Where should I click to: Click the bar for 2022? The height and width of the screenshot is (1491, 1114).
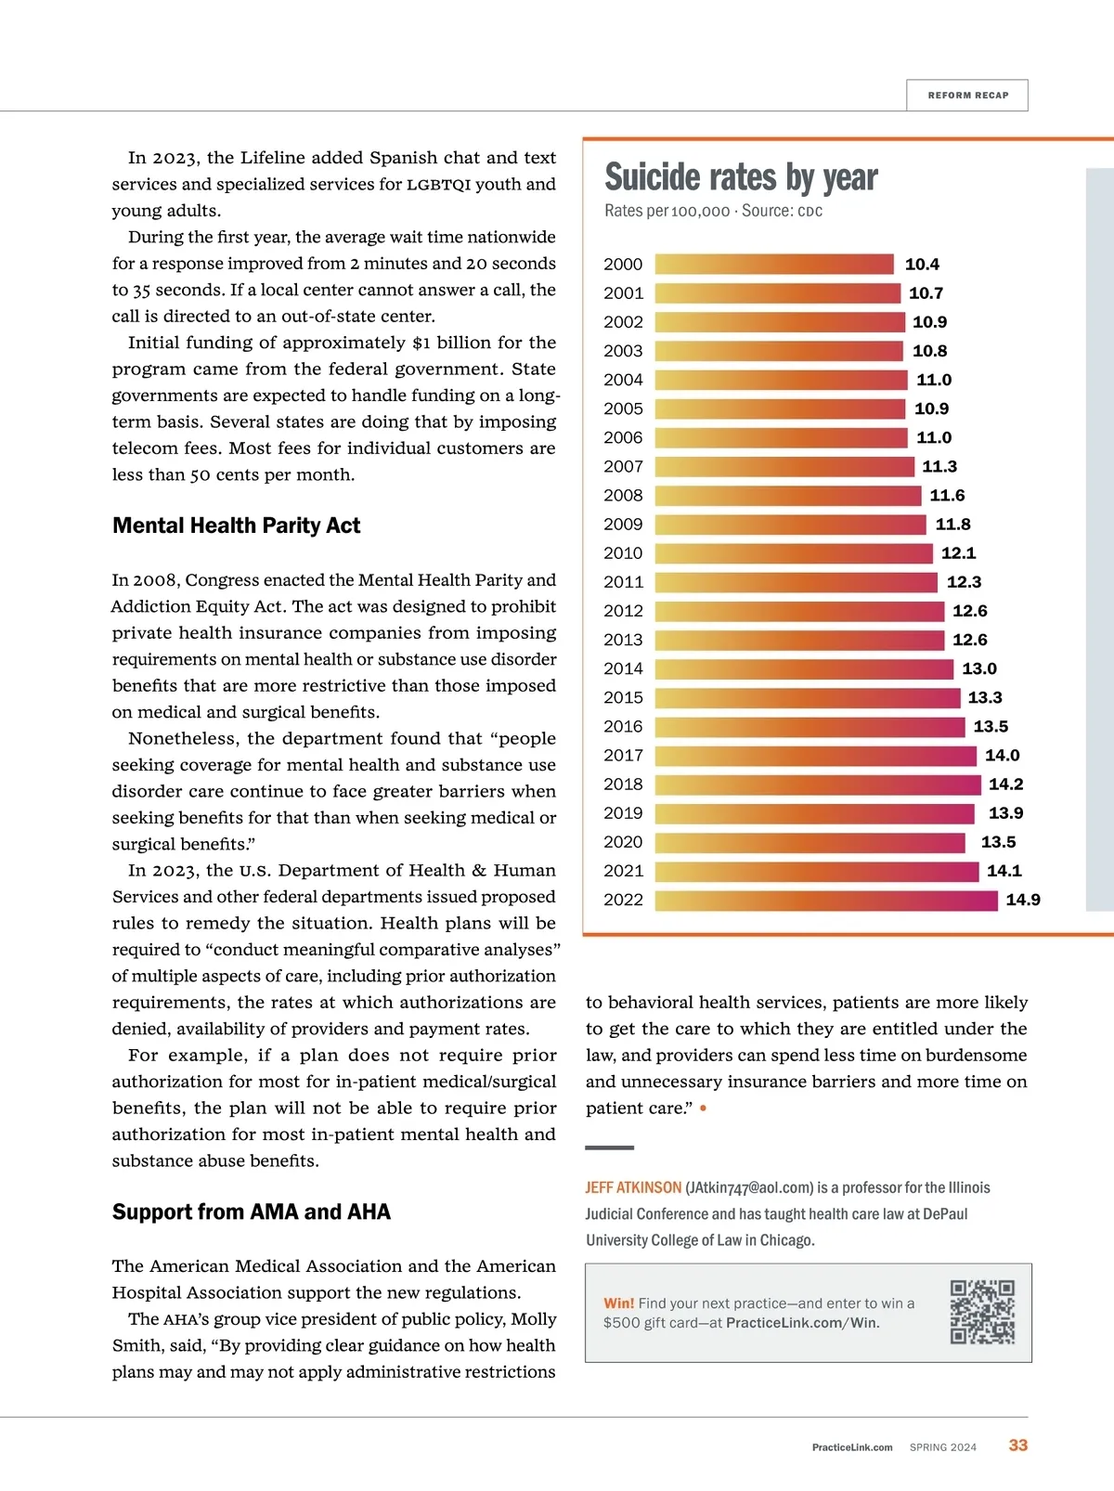tap(826, 900)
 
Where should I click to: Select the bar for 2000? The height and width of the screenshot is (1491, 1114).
tap(774, 265)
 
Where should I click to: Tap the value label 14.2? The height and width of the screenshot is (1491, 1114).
tap(1005, 784)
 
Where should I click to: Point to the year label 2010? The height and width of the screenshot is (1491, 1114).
tap(623, 553)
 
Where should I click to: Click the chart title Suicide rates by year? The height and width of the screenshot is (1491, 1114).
tap(741, 177)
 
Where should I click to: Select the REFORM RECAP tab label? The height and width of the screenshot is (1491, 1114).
tap(967, 96)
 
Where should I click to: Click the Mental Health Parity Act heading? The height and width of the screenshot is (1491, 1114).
tap(236, 525)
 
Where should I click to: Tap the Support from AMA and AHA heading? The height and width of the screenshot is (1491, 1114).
tap(252, 1212)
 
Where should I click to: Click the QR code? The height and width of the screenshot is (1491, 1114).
tap(982, 1312)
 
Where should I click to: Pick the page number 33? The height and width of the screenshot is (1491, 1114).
tap(1018, 1446)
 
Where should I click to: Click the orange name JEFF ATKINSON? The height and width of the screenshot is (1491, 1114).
tap(633, 1187)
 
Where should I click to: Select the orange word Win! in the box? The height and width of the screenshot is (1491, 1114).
tap(618, 1303)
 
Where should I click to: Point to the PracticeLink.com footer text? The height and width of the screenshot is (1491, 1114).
tap(852, 1447)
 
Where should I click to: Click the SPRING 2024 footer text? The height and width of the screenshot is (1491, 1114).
tap(943, 1447)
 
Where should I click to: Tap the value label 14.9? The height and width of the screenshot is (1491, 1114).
tap(1022, 900)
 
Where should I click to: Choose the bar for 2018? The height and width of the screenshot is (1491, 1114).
tap(818, 784)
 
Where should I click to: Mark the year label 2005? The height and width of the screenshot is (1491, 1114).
tap(623, 408)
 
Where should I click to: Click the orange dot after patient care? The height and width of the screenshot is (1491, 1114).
tap(704, 1109)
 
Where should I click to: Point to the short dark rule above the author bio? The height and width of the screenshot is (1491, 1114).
tap(610, 1148)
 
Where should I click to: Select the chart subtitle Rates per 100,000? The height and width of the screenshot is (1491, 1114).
tap(667, 211)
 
